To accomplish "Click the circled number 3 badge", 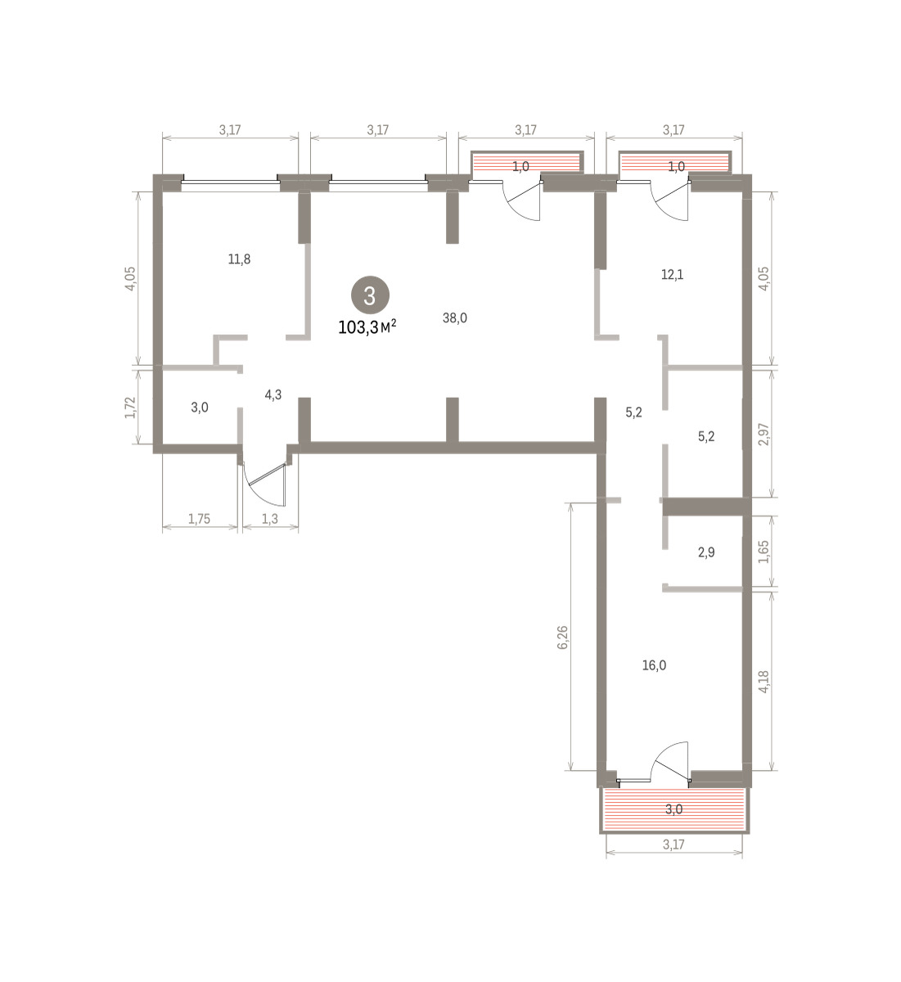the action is click(x=370, y=295).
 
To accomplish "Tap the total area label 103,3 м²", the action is click(x=367, y=327).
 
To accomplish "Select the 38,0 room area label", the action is click(x=455, y=318).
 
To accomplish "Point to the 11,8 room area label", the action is click(x=240, y=259).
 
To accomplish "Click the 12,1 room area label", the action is click(x=673, y=275).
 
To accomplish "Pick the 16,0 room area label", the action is click(x=654, y=665).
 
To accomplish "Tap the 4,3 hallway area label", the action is click(x=273, y=394).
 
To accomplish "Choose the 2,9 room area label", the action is click(x=706, y=552).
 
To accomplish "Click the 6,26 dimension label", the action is click(x=563, y=637).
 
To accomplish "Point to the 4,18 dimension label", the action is click(x=764, y=682).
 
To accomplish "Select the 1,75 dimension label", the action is click(x=200, y=518).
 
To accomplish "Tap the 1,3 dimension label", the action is click(x=270, y=518).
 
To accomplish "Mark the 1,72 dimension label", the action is click(x=130, y=408).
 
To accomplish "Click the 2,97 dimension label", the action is click(x=764, y=435).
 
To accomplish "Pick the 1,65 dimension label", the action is click(x=764, y=552).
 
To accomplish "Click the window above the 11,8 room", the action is click(x=230, y=182).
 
